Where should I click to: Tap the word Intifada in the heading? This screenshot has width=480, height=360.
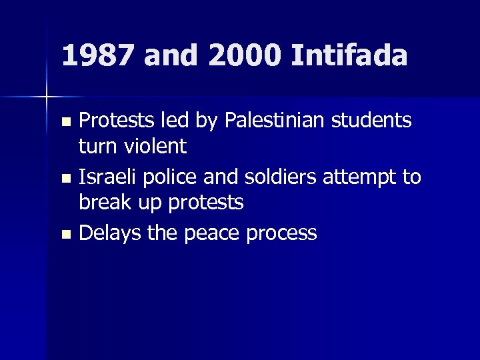click(x=349, y=56)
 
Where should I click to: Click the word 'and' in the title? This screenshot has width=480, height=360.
click(x=171, y=56)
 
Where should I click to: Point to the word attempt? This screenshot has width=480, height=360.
click(x=366, y=178)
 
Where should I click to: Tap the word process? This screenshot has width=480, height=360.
click(x=283, y=234)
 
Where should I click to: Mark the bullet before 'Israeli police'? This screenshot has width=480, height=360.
click(x=65, y=179)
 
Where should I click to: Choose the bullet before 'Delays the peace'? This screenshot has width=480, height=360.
click(x=65, y=235)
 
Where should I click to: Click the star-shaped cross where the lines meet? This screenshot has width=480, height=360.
click(x=47, y=97)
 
